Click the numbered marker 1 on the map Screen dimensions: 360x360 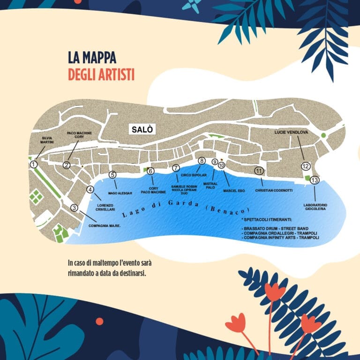click(x=33, y=165)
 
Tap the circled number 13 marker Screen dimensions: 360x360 click(x=315, y=180)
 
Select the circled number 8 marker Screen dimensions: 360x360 click(x=202, y=161)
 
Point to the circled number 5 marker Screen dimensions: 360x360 click(x=112, y=175)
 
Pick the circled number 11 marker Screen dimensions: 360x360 click(x=258, y=171)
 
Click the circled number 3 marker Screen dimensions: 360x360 click(x=74, y=208)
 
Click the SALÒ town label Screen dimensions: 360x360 click(x=142, y=129)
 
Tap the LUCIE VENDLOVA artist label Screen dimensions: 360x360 click(x=291, y=133)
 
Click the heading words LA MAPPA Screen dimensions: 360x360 click(x=92, y=59)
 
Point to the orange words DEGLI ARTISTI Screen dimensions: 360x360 click(x=101, y=74)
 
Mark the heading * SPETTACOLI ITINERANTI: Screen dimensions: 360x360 click(x=267, y=219)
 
